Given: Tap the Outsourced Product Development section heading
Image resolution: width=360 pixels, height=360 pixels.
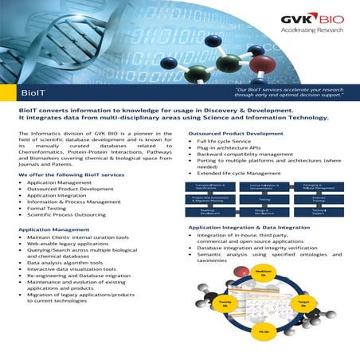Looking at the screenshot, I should tap(236, 133).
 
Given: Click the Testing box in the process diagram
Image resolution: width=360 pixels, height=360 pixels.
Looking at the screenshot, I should tap(264, 200).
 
